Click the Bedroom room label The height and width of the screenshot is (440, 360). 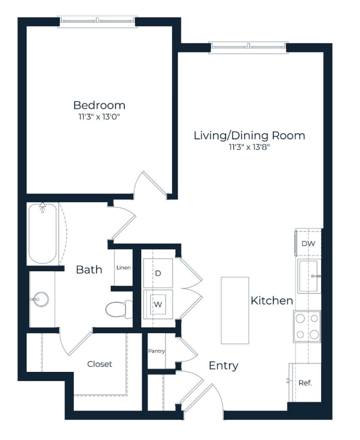point(100,105)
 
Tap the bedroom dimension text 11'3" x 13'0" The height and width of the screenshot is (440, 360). point(100,116)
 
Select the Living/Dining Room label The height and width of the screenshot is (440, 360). point(249,136)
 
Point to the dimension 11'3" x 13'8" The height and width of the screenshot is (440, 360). point(249,147)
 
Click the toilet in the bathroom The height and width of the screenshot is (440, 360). point(119,309)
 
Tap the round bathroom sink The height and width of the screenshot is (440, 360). point(40,299)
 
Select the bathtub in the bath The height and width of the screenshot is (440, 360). point(43,234)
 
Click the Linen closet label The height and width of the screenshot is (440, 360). point(123,268)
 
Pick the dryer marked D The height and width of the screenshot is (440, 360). point(158,273)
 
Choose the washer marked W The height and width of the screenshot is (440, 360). point(158,304)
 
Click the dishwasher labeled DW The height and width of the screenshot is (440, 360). point(308,243)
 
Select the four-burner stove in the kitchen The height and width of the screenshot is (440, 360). point(307,326)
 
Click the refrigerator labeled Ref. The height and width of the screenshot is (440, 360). point(305,383)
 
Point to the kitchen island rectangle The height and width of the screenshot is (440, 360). point(235,311)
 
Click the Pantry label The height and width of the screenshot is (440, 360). point(156,351)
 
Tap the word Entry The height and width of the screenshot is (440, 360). point(224,366)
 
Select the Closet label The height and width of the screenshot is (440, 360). point(100,364)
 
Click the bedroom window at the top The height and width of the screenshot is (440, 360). point(97,21)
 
